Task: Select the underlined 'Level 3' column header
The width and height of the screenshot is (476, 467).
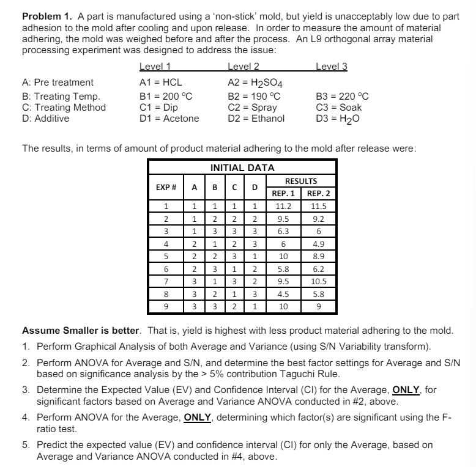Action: pyautogui.click(x=331, y=67)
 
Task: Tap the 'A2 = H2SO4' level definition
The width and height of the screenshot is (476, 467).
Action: pyautogui.click(x=255, y=83)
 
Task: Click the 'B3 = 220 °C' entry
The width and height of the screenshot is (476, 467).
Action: pyautogui.click(x=342, y=97)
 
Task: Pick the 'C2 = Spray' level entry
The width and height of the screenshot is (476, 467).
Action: pyautogui.click(x=251, y=108)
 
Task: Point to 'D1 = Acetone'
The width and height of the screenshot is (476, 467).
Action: pyautogui.click(x=169, y=119)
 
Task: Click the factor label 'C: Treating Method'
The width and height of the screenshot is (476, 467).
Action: pyautogui.click(x=64, y=108)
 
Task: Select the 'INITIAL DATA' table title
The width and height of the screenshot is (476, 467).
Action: pyautogui.click(x=242, y=167)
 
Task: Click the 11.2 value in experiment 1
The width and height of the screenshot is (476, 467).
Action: pyautogui.click(x=283, y=207)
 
